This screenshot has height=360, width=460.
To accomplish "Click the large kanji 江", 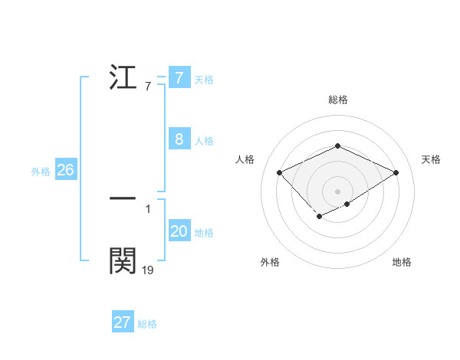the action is tap(123, 78).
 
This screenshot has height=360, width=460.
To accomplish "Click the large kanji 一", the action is tap(123, 198).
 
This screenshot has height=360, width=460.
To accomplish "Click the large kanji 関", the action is tap(123, 261).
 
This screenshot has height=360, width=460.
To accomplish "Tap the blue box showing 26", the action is tap(65, 170).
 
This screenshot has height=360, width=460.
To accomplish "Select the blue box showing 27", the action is tap(123, 322).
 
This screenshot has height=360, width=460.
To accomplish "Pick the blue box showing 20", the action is tap(179, 231).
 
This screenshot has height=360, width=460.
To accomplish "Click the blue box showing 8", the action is tap(179, 139).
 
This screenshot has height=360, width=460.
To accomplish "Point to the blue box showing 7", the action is tap(179, 78).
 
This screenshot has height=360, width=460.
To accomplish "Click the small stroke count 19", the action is tap(148, 270).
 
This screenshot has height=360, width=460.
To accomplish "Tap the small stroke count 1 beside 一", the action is tap(148, 208).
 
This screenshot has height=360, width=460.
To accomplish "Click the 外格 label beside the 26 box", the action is tap(41, 172).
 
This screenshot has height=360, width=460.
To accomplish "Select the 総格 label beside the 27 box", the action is tap(147, 324).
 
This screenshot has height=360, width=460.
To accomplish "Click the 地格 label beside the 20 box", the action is tap(204, 233).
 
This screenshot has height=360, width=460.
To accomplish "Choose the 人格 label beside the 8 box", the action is tap(204, 141).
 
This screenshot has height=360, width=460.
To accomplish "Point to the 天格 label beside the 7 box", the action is tap(204, 80).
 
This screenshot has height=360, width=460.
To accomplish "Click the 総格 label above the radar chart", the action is tap(337, 100).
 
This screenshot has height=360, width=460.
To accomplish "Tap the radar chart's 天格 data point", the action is tap(396, 172).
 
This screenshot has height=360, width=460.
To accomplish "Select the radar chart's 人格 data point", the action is tap(280, 172).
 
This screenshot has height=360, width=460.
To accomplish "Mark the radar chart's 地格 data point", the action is tap(347, 204).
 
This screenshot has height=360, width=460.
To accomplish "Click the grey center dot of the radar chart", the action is tap(337, 191).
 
